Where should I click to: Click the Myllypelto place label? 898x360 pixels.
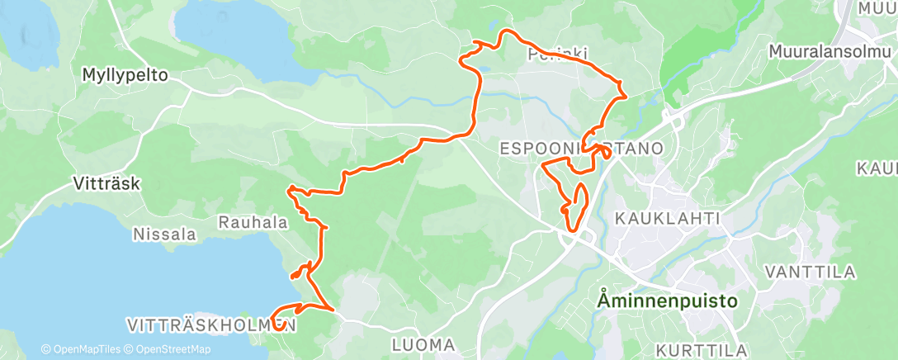click(125, 75)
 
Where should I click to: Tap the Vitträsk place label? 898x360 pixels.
click(106, 183)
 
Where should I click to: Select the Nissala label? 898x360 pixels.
click(165, 234)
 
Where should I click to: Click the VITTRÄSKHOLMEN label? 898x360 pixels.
click(211, 324)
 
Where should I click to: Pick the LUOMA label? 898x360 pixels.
click(423, 343)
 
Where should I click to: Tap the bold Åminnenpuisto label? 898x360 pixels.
click(666, 301)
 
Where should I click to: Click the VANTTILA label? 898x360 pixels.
click(810, 272)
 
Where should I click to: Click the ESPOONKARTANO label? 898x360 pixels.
click(583, 149)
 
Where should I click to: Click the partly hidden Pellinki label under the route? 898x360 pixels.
click(558, 54)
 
